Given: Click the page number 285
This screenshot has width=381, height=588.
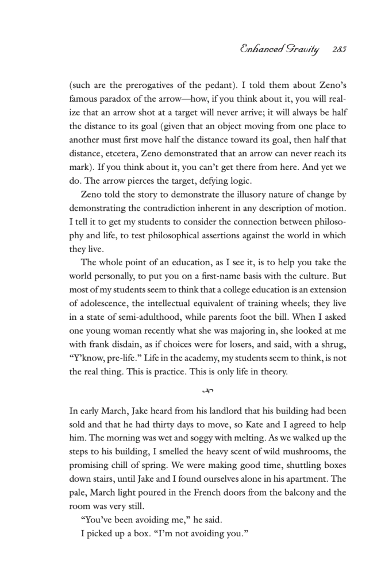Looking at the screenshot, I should pyautogui.click(x=340, y=50).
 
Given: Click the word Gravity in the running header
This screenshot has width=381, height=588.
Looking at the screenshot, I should pyautogui.click(x=301, y=50).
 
